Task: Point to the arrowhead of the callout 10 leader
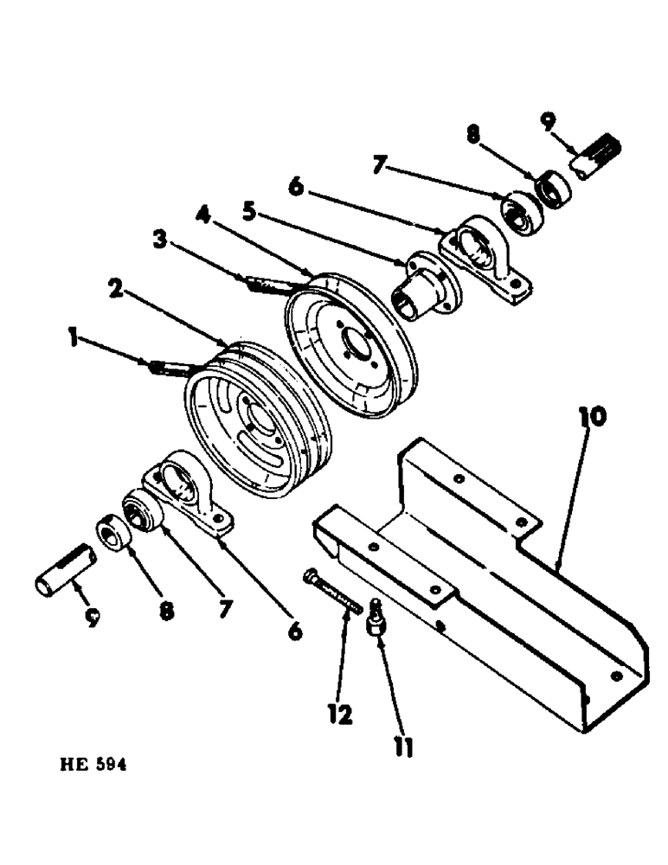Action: coord(556,567)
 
